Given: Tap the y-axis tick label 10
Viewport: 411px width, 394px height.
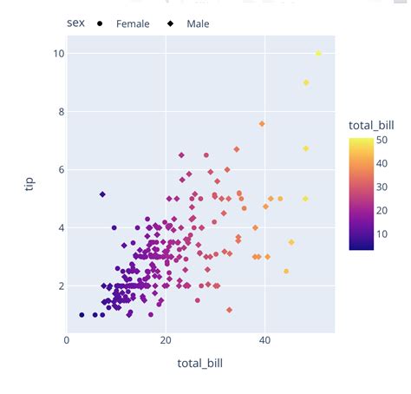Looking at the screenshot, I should click(x=57, y=54).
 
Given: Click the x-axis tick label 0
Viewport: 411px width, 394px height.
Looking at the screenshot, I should click(x=68, y=340).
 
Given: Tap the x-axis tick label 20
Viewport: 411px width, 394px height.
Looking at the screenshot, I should click(x=166, y=340).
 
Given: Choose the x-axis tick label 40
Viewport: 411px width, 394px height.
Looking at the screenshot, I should click(x=264, y=340).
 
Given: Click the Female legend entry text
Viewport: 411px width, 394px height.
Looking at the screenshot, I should click(x=133, y=23).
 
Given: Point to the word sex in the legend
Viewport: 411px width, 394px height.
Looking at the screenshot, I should click(x=75, y=23).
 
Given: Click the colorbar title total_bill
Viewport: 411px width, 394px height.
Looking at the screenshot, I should click(x=372, y=128).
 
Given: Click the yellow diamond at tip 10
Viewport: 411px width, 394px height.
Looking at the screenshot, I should click(x=318, y=54).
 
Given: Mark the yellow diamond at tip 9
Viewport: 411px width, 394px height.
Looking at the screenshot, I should click(x=306, y=82).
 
